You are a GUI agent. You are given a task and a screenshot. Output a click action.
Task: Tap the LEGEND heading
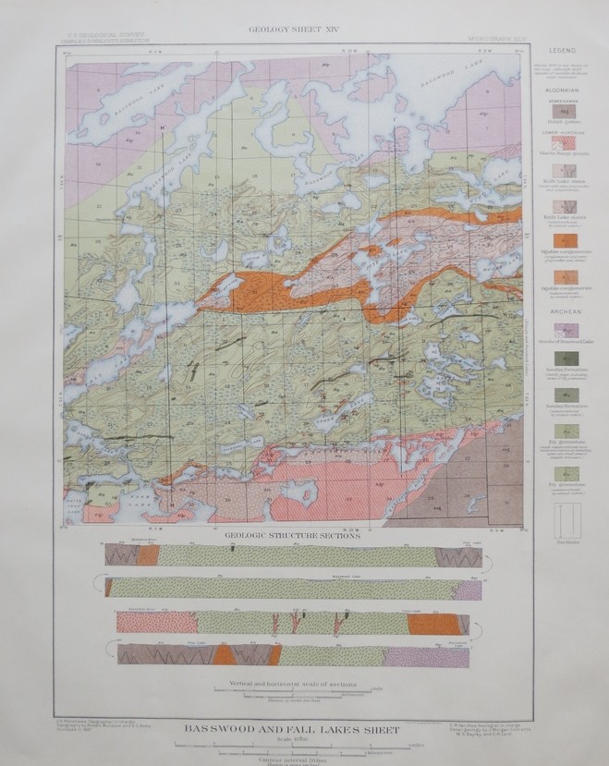(x=563, y=48)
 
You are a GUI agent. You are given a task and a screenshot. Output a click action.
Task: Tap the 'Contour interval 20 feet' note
(x=292, y=756)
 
